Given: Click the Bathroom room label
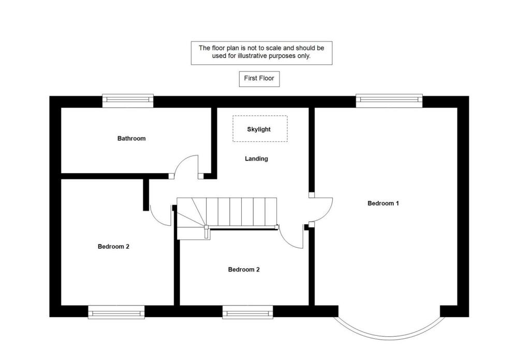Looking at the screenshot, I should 131,138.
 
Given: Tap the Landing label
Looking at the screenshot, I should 256,159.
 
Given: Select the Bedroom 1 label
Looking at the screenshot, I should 383,203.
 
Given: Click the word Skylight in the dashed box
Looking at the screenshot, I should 259,129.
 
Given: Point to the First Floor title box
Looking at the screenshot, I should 259,79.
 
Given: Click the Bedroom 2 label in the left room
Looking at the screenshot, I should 113,247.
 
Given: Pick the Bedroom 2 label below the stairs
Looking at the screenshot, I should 244,269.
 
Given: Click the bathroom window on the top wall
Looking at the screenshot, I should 128,100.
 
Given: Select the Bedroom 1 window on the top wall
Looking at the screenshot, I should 389,100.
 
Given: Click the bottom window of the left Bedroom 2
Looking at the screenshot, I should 116,311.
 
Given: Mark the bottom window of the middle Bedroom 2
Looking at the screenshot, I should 247,311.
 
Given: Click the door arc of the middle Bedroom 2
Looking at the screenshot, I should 291,239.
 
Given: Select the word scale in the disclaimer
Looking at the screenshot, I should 274,48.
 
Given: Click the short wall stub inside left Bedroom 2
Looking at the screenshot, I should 146,195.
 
